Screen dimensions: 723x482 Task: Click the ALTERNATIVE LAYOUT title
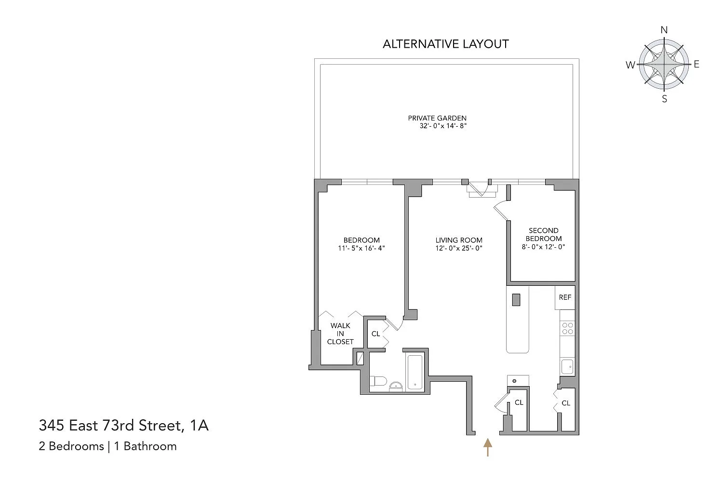(x=446, y=44)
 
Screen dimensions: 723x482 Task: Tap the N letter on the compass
(x=664, y=30)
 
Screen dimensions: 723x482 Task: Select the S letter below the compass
(x=664, y=99)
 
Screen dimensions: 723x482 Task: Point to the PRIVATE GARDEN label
(x=437, y=118)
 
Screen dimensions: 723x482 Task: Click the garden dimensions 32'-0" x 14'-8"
(x=443, y=126)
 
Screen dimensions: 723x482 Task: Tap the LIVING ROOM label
(x=459, y=240)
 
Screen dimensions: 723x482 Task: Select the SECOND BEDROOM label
(x=544, y=234)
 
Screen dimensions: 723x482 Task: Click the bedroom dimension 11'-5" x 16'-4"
(x=361, y=248)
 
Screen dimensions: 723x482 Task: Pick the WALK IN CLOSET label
(x=340, y=334)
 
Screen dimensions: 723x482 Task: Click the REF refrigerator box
(x=565, y=297)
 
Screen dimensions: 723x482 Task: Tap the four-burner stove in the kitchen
(x=567, y=328)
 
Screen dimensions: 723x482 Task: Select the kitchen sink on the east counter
(x=567, y=367)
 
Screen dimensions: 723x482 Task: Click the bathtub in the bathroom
(x=415, y=372)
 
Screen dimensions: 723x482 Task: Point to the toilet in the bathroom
(x=378, y=381)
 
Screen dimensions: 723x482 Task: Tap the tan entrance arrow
(x=487, y=447)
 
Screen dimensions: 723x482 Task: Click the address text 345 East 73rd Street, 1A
(x=124, y=425)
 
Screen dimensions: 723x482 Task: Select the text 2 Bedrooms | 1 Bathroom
(x=108, y=446)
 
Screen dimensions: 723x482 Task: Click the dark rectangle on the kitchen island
(x=516, y=300)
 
